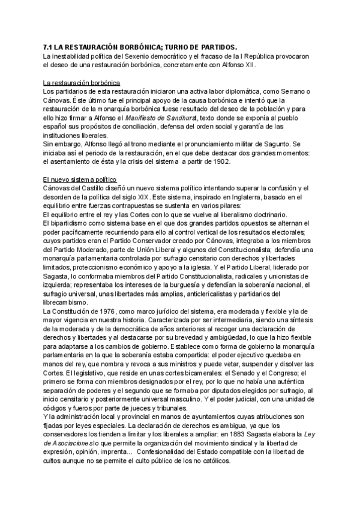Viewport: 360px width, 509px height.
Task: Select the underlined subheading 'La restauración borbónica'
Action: click(82, 82)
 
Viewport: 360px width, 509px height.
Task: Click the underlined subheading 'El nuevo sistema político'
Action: click(80, 179)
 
